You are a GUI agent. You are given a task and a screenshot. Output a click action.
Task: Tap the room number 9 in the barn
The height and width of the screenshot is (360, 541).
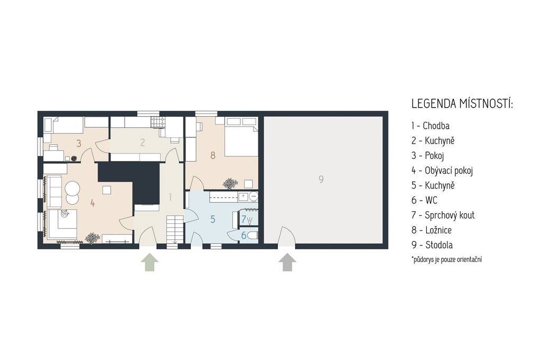pyautogui.click(x=321, y=179)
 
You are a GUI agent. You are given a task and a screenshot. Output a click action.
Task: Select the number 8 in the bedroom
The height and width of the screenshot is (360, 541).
pyautogui.click(x=213, y=156)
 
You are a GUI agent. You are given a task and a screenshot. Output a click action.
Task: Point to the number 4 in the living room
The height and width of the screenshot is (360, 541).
pyautogui.click(x=92, y=203)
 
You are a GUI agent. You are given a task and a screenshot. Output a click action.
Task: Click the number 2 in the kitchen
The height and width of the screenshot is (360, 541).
pyautogui.click(x=143, y=142)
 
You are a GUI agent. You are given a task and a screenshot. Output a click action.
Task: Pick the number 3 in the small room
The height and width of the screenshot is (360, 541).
pyautogui.click(x=79, y=143)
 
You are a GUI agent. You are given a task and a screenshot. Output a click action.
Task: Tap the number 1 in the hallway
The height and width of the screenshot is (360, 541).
pyautogui.click(x=170, y=197)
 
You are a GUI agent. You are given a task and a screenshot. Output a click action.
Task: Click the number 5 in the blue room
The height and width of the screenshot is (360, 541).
pyautogui.click(x=213, y=219)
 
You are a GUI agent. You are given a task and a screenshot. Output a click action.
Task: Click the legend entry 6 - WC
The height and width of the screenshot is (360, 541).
pyautogui.click(x=424, y=200)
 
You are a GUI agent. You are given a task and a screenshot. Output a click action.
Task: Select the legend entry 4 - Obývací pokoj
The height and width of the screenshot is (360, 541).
pyautogui.click(x=442, y=170)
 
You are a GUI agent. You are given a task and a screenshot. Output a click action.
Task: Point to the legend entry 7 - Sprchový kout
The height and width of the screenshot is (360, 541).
pyautogui.click(x=443, y=215)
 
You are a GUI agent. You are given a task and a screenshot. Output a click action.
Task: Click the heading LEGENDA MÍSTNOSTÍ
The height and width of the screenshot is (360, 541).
pyautogui.click(x=462, y=104)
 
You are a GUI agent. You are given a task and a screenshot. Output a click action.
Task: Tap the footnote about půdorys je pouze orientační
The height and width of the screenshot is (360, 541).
pyautogui.click(x=447, y=260)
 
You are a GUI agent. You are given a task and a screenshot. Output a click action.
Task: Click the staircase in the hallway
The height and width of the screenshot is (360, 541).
pyautogui.click(x=175, y=229)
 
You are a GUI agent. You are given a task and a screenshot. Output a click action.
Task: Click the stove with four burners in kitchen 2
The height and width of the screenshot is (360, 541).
pyautogui.click(x=158, y=122)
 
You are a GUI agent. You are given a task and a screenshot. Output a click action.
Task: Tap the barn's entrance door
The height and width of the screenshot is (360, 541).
pyautogui.click(x=287, y=236)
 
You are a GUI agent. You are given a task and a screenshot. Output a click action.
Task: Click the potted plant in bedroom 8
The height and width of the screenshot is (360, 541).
pyautogui.click(x=230, y=184)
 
